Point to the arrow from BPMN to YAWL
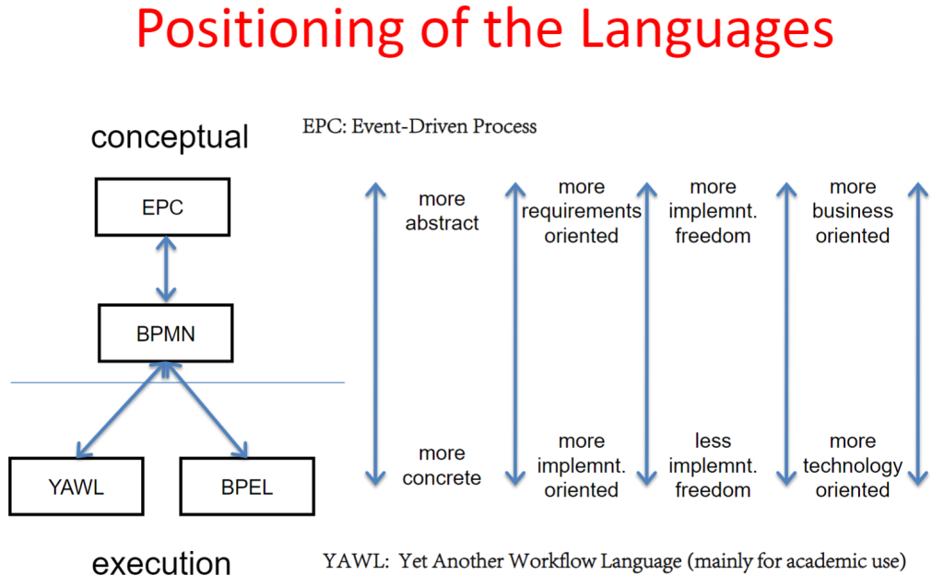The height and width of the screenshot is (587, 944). pos(121,410)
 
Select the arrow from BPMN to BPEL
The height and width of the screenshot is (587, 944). pos(206,410)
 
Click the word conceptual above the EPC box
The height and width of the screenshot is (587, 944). pos(170,137)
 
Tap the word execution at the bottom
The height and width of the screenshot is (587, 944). pos(161,564)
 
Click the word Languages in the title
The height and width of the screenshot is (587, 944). pos(707,30)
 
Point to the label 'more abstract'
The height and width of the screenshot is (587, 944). pos(442,211)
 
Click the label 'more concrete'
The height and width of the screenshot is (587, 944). pos(442,465)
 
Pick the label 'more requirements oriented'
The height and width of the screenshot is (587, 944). pos(581,211)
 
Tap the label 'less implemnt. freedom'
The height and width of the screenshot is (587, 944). pos(713,465)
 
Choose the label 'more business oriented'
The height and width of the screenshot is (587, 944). pos(853,211)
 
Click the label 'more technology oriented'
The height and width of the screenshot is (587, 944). pos(853,465)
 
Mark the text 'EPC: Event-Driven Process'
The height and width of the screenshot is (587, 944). pos(419,126)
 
